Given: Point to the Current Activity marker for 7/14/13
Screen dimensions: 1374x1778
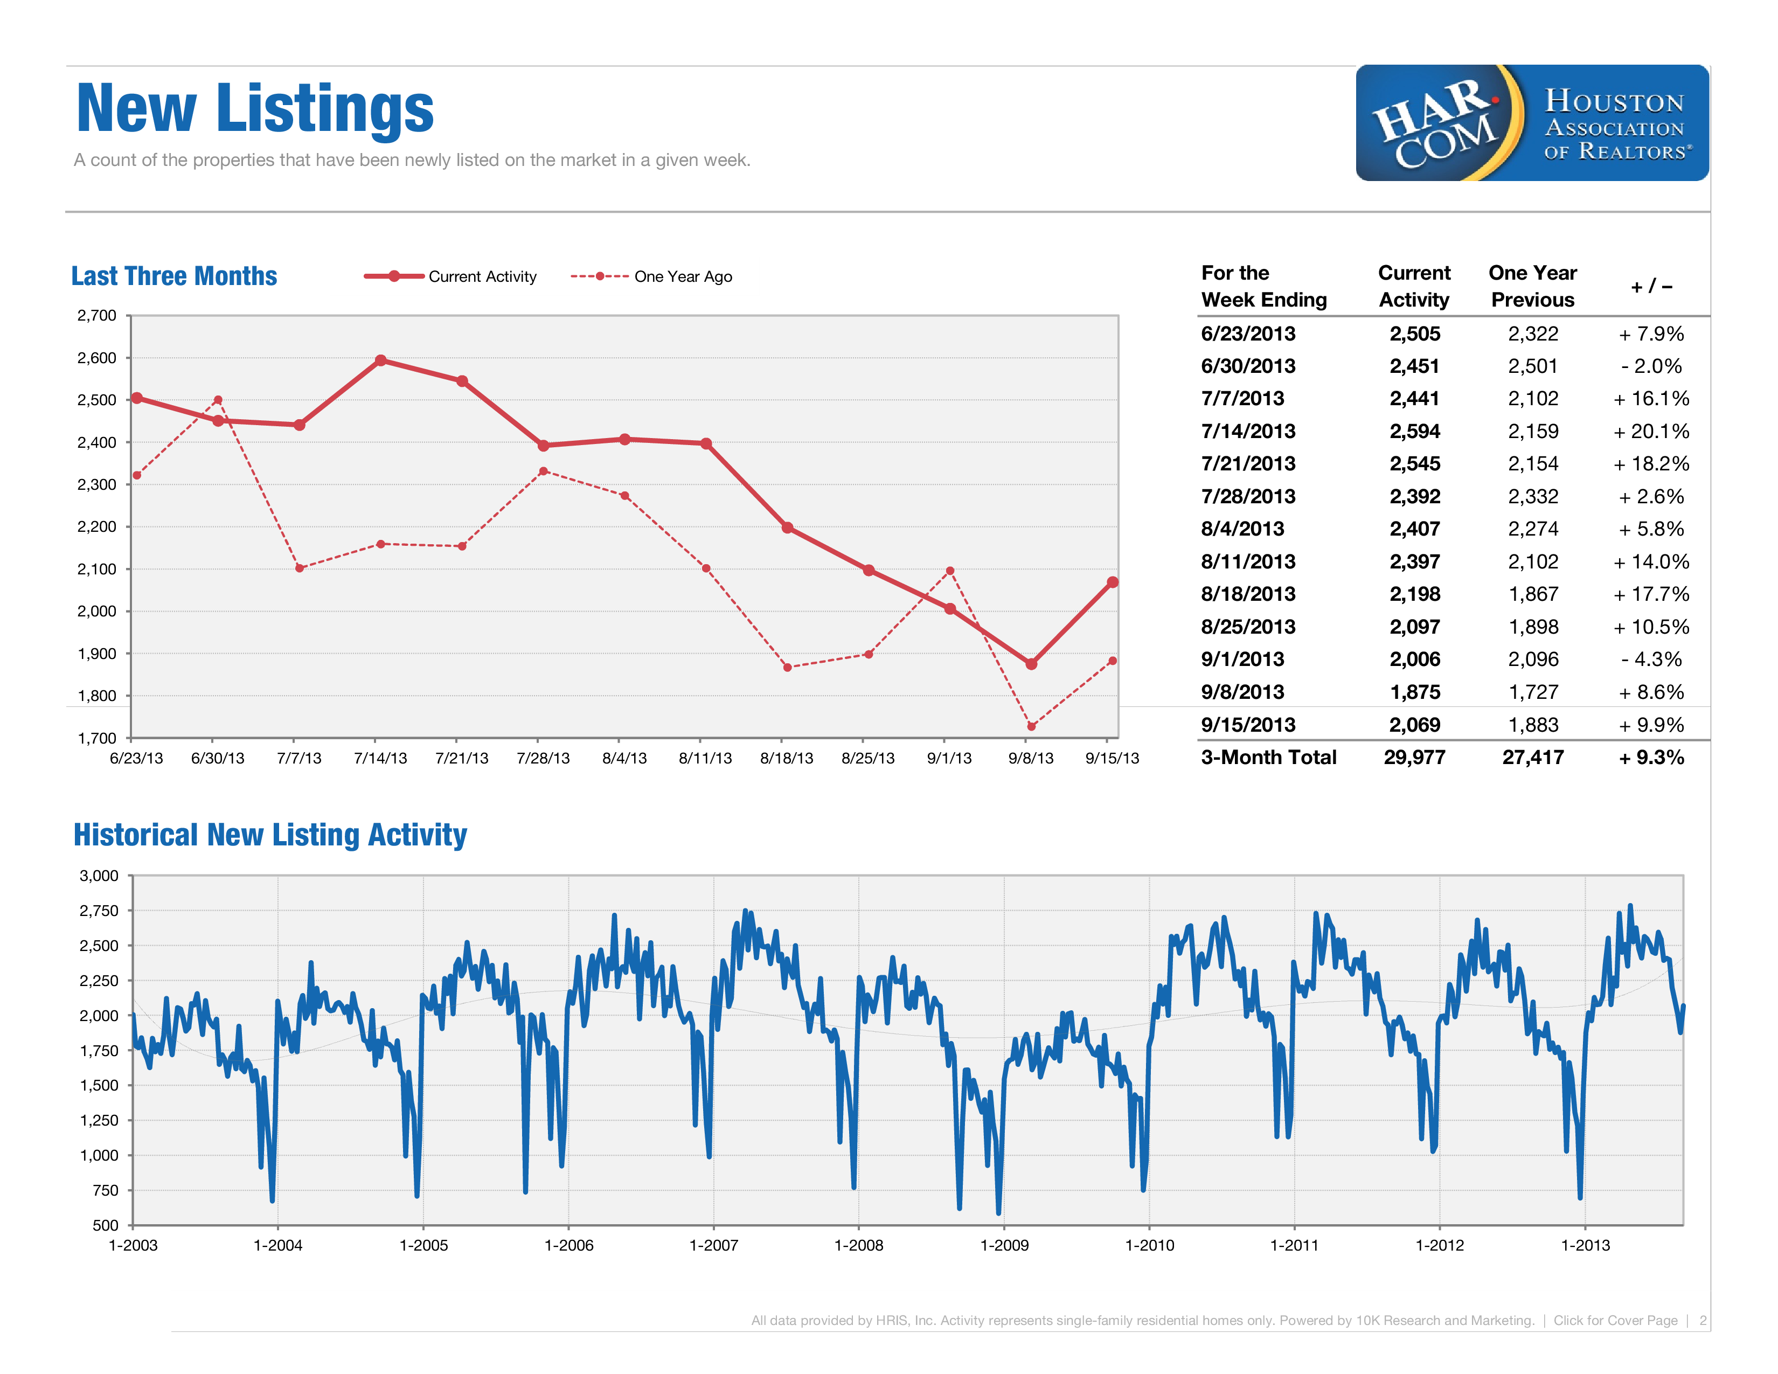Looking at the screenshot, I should click(380, 360).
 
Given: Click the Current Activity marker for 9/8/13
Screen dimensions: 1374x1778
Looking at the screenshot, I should click(1031, 664).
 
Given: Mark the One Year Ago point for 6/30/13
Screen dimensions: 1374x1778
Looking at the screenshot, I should click(218, 400).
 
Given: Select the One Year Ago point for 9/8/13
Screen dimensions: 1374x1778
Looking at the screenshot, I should click(1031, 726).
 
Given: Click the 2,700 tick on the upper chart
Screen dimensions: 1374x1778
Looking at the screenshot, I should click(97, 316).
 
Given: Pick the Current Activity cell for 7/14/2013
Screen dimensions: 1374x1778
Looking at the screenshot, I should click(1414, 432).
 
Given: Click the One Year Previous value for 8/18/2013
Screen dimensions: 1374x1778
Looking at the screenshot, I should click(1533, 594).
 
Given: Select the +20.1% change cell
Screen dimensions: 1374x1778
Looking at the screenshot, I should click(1651, 432).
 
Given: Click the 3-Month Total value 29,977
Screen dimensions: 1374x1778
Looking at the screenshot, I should click(1414, 758).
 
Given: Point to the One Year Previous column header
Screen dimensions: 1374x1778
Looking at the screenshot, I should click(1532, 287).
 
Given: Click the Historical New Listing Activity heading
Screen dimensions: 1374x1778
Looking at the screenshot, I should click(270, 835).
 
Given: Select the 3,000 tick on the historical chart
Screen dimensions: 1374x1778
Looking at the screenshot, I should click(99, 876).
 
